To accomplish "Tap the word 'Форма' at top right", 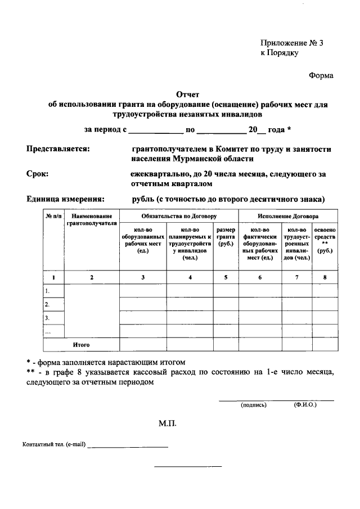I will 321,76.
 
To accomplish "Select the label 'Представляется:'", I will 58,149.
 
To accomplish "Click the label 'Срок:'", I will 38,174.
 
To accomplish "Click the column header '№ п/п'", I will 55,216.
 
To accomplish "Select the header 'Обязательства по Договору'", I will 179,216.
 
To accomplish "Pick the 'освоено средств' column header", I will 325,240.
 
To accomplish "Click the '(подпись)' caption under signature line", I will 253,404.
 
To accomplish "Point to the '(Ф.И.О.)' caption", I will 305,404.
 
